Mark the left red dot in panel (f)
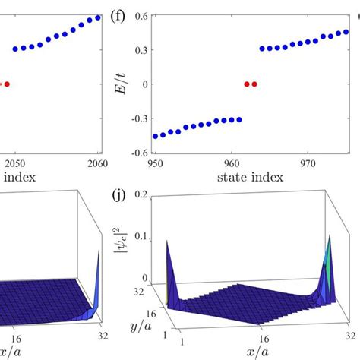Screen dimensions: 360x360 (246, 84)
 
